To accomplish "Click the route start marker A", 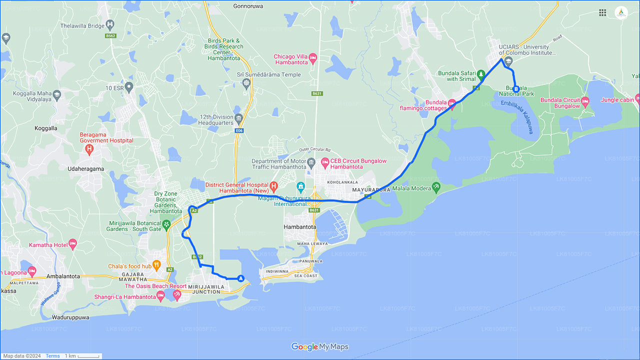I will tap(241, 278).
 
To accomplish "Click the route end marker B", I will tap(516, 89).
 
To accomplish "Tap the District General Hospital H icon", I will tap(273, 187).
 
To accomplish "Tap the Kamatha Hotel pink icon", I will tap(73, 244).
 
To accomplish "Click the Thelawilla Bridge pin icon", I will tap(110, 24).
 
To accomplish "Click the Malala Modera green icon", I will tap(436, 187).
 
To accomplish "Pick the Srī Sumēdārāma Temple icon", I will tap(245, 82).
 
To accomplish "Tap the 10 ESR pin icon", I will tap(129, 87).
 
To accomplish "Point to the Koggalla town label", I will tap(46, 128).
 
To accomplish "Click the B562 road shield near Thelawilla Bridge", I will tap(110, 36).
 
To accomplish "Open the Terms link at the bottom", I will tap(52, 356).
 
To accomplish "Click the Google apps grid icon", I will tap(602, 12).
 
